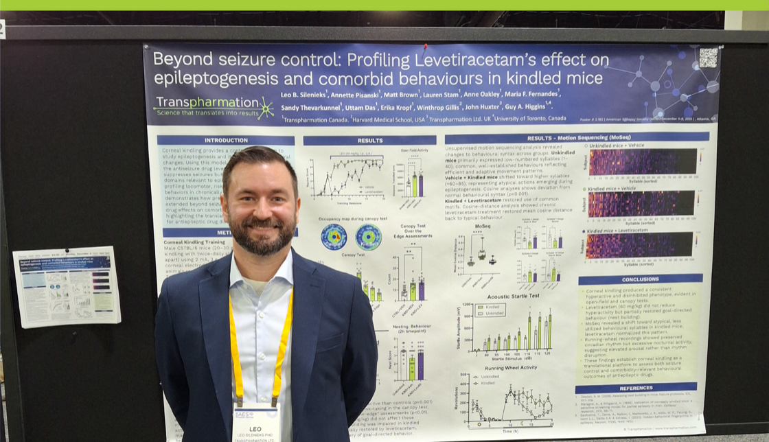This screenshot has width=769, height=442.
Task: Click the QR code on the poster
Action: point(708,58)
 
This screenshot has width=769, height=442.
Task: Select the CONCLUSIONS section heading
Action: point(641,279)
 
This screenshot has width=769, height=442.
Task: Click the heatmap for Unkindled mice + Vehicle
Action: point(642,162)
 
